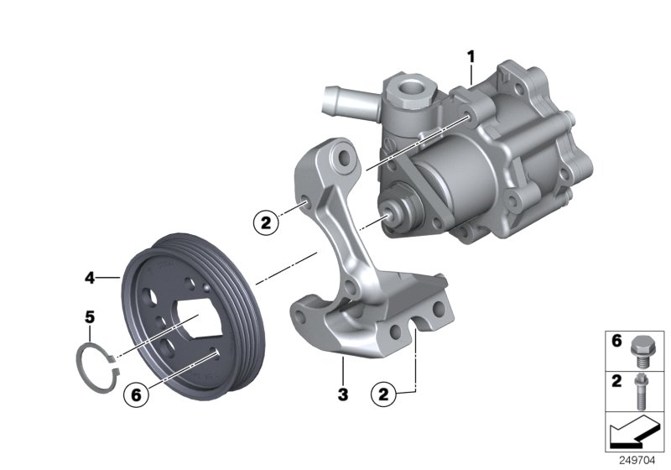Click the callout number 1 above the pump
[x=471, y=56]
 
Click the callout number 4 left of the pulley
[x=90, y=274]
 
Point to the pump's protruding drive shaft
[x=391, y=215]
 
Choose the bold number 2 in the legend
[x=616, y=381]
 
